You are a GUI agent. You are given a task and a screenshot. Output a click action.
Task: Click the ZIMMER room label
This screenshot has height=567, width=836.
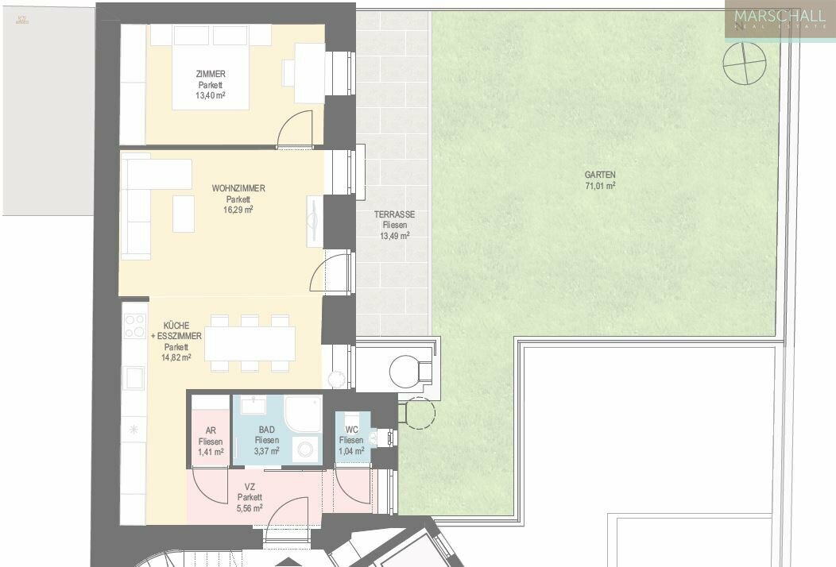pyautogui.click(x=211, y=74)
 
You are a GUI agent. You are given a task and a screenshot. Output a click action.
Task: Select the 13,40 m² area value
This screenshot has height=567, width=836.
pyautogui.click(x=211, y=94)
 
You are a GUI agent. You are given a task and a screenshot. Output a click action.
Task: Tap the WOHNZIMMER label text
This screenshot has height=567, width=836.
pyautogui.click(x=238, y=188)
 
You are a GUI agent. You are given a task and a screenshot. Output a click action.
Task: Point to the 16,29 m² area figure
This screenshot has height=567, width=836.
pyautogui.click(x=238, y=210)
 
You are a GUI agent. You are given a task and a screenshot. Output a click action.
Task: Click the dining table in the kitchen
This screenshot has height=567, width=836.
pyautogui.click(x=250, y=343)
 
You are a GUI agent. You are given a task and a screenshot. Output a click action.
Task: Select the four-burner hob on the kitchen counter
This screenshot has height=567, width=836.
pyautogui.click(x=134, y=326)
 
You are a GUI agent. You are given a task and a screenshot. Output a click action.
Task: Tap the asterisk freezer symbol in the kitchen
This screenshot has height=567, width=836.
pyautogui.click(x=134, y=430)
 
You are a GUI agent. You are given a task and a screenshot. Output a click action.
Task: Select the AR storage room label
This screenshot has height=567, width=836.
pyautogui.click(x=211, y=431)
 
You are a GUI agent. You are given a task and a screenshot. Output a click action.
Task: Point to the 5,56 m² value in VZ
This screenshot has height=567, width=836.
pyautogui.click(x=250, y=508)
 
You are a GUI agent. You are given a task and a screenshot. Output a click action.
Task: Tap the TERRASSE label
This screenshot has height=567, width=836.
pyautogui.click(x=395, y=214)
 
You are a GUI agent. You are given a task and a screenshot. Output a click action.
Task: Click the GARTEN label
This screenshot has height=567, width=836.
pyautogui.click(x=600, y=175)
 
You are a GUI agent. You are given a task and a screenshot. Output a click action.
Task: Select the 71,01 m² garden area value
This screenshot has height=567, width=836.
pyautogui.click(x=600, y=186)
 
